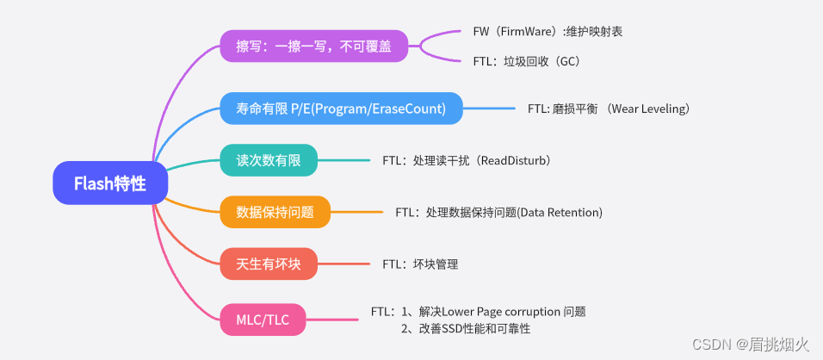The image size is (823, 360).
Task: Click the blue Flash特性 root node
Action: [109, 183]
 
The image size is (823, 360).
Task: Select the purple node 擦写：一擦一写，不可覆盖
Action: [313, 46]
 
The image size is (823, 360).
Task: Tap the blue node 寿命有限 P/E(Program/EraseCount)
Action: [341, 109]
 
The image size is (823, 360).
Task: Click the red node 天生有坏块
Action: [269, 264]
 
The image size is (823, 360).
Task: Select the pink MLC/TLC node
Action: [264, 320]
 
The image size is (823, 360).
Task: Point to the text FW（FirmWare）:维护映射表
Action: [548, 31]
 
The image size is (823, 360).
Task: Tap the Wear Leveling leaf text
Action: [609, 109]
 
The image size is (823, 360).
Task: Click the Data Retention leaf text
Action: [498, 213]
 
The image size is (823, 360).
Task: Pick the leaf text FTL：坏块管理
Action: [420, 264]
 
